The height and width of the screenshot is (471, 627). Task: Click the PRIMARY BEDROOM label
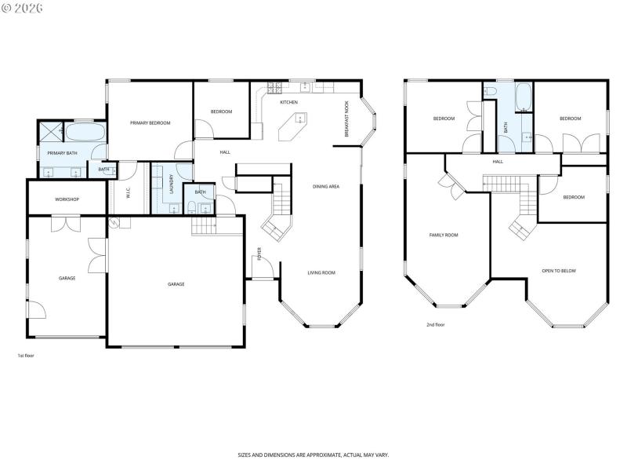click(x=150, y=122)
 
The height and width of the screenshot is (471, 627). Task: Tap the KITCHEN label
click(x=289, y=103)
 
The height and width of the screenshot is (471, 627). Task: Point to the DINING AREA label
click(x=325, y=186)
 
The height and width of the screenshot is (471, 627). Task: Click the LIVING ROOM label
click(x=321, y=272)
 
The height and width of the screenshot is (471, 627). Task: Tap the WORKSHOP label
click(x=67, y=199)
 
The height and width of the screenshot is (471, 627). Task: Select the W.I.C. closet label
click(x=128, y=192)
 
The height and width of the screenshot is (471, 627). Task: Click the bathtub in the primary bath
click(x=85, y=131)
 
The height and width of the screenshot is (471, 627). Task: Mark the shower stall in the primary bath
click(x=51, y=132)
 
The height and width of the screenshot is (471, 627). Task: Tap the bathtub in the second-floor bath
click(x=524, y=98)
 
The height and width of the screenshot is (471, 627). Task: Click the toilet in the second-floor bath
click(x=491, y=92)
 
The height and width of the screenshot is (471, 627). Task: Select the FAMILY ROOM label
click(x=444, y=235)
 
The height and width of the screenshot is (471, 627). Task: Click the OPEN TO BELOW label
click(x=559, y=271)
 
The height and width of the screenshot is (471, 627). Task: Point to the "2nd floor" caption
click(x=435, y=324)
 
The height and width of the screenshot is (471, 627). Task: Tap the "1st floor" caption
click(x=26, y=356)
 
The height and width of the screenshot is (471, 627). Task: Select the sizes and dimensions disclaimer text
click(x=313, y=455)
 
